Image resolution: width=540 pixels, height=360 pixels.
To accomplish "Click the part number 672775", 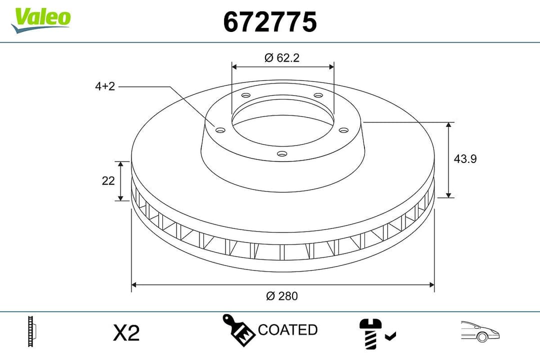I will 269,22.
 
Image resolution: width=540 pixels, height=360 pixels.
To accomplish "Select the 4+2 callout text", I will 105,86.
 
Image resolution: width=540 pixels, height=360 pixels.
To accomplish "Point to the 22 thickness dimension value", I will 108,181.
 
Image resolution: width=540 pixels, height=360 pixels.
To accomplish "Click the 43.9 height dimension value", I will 465,159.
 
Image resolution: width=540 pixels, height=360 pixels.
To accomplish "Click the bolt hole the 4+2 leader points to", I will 219,130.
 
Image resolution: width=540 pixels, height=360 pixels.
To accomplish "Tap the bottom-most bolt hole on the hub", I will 282,153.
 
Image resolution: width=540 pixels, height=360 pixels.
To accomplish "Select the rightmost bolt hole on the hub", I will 343,130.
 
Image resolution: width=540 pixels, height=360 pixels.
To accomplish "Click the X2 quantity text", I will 126,332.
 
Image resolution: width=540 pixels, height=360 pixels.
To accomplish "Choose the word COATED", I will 287,330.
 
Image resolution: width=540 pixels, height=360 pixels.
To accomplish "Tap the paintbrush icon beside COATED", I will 238,330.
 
